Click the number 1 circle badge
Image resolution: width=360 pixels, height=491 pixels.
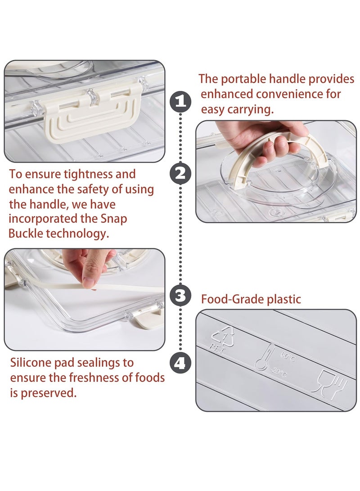click(180, 101)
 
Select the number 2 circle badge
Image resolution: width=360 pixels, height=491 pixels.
click(180, 174)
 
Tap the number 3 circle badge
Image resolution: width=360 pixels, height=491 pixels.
click(180, 295)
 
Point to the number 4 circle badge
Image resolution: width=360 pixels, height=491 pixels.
click(180, 363)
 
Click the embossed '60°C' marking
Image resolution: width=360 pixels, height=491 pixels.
click(288, 356)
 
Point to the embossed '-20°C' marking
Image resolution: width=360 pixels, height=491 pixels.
click(278, 373)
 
